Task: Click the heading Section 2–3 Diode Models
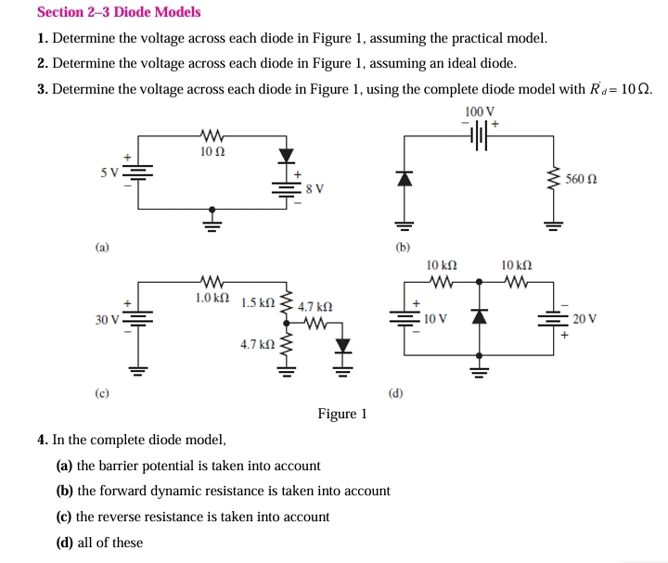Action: (x=119, y=12)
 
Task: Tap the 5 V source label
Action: (x=109, y=173)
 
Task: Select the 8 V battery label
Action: (x=315, y=189)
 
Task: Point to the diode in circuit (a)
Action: (x=285, y=155)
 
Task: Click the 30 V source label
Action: (x=107, y=320)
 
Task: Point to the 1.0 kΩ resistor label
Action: (x=212, y=298)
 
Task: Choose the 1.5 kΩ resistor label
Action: (x=257, y=303)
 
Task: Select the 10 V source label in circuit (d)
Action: (x=436, y=319)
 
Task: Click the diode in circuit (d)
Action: (x=479, y=317)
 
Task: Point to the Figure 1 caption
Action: (x=341, y=414)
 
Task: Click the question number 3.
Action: (x=43, y=89)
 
